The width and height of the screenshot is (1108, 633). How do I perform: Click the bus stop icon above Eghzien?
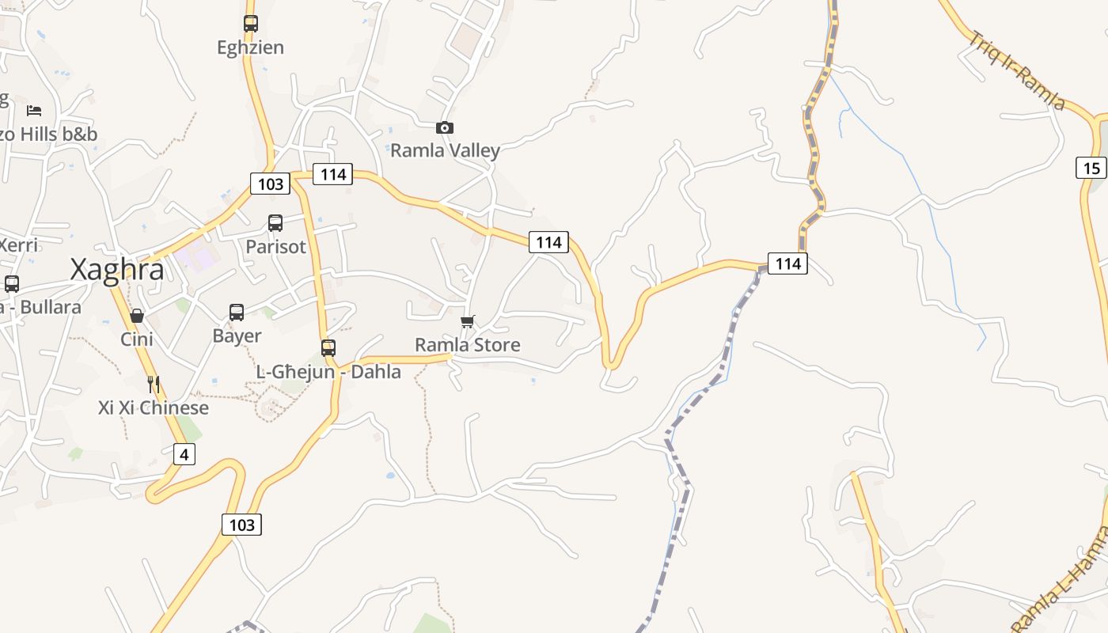click(x=251, y=24)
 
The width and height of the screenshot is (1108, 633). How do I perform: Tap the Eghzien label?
click(x=250, y=47)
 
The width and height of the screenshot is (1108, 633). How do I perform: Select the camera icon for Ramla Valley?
click(x=445, y=127)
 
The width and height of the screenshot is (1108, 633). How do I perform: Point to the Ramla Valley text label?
click(x=445, y=150)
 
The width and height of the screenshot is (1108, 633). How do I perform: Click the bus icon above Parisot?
click(x=275, y=223)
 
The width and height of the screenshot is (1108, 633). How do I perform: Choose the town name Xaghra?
click(x=117, y=270)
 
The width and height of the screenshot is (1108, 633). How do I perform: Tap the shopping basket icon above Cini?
click(x=137, y=316)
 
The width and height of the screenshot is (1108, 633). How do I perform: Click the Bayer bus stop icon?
click(x=237, y=312)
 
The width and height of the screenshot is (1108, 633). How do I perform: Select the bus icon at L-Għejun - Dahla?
click(x=328, y=347)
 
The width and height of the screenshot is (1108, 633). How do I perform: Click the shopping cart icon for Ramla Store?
click(x=468, y=321)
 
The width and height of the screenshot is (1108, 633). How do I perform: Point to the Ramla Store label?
click(x=468, y=345)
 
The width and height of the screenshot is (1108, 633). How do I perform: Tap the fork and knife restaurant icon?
click(x=154, y=385)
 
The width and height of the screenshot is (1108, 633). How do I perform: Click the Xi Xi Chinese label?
click(x=154, y=408)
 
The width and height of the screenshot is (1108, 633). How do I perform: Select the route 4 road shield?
click(x=184, y=454)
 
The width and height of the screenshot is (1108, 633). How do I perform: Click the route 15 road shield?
click(x=1091, y=168)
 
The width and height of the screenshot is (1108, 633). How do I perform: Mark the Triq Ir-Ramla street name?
click(x=1017, y=70)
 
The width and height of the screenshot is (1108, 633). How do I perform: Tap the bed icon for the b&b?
click(x=34, y=110)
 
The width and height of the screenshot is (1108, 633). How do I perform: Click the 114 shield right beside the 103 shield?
click(x=332, y=174)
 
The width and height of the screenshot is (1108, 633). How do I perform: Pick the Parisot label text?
click(x=275, y=247)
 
